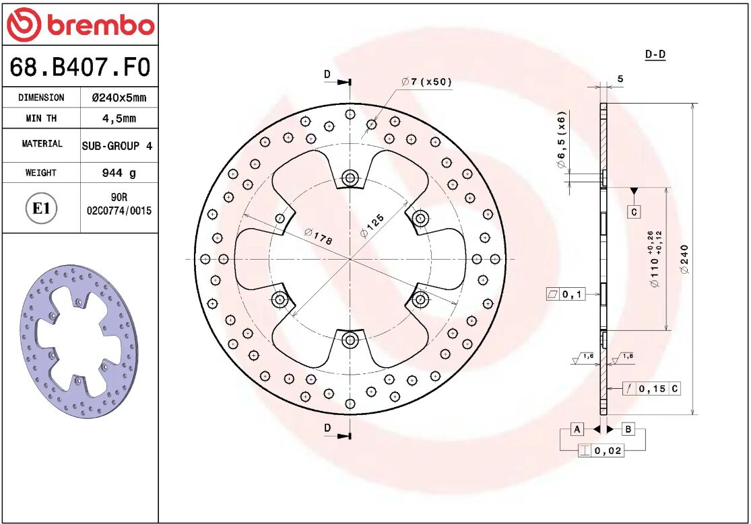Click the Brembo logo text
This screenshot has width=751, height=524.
[100, 26]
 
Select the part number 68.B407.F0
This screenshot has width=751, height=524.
[79, 68]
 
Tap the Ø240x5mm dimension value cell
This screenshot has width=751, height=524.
[119, 98]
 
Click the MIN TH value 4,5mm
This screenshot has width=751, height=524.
[119, 118]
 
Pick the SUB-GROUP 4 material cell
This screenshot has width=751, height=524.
[117, 146]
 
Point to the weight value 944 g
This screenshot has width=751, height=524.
[119, 173]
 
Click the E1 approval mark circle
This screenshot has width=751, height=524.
[42, 209]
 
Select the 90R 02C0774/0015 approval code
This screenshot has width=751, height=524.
[119, 204]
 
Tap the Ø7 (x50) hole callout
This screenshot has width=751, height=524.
[427, 82]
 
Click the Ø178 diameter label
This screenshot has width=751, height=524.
[318, 235]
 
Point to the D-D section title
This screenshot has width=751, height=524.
[655, 54]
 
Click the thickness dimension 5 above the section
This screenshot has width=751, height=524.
[620, 79]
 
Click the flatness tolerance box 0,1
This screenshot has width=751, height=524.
[566, 294]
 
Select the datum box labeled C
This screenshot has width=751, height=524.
[634, 213]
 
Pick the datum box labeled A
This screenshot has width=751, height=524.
[577, 429]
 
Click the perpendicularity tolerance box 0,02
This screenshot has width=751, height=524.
[601, 451]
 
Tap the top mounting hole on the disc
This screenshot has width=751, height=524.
[350, 178]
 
